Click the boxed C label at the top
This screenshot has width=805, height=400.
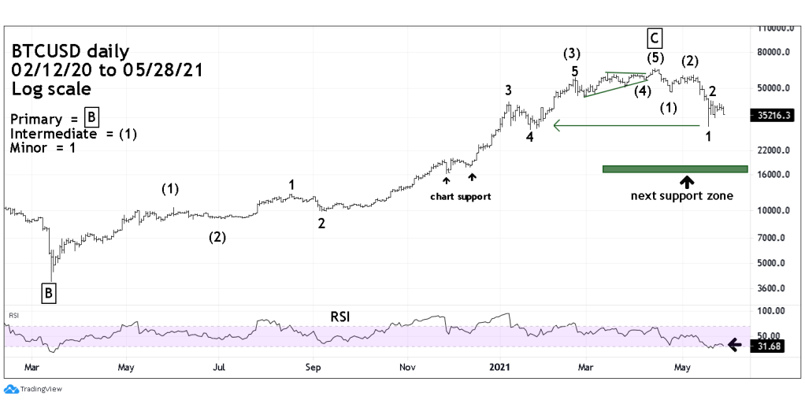coord(655,37)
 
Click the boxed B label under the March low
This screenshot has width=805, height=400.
coord(49,294)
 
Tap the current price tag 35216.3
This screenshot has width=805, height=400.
coord(772,115)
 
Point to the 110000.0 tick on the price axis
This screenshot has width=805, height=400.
coord(775,28)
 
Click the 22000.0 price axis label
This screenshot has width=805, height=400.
coord(775,150)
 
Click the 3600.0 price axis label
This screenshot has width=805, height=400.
coord(775,289)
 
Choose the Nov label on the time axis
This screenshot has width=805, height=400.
coord(406,367)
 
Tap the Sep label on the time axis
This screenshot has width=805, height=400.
coord(313,367)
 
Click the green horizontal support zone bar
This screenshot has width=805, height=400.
coord(674,169)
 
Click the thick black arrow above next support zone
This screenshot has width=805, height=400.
coord(688,181)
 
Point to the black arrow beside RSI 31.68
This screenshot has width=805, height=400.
coord(733,344)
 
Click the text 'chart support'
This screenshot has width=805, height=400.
coord(460,196)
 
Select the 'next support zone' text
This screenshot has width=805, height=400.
coord(682,195)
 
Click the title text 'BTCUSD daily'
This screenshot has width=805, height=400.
coord(70,52)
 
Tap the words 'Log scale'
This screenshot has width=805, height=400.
coord(51,89)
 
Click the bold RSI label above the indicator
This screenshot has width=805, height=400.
coord(340,317)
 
